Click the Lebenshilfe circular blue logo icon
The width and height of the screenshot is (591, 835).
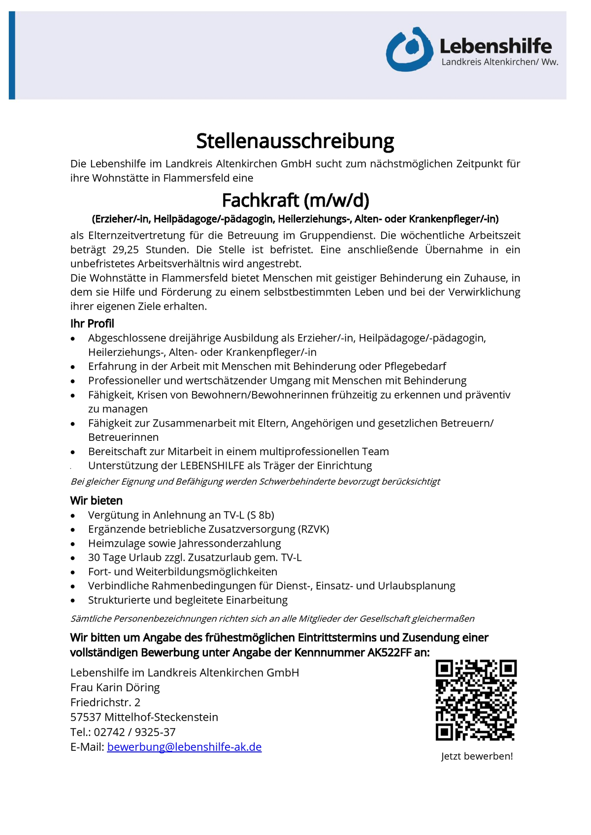click(409, 49)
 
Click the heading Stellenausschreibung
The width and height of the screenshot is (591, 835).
click(295, 141)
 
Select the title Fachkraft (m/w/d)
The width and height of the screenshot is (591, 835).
click(295, 200)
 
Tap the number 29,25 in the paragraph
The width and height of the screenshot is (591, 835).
click(126, 249)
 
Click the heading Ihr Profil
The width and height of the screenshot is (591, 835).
click(92, 324)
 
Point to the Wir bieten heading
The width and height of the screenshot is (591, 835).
click(97, 501)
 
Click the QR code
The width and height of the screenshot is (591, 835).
click(476, 700)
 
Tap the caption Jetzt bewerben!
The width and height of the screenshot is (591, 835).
click(477, 756)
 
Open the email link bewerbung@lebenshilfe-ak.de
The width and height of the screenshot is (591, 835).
click(184, 747)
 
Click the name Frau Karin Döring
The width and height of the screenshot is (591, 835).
click(115, 687)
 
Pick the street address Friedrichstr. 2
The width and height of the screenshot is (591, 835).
click(105, 702)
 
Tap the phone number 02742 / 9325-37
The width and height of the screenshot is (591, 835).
click(134, 732)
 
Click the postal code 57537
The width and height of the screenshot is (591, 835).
click(86, 717)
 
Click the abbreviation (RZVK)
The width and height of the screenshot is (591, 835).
click(313, 529)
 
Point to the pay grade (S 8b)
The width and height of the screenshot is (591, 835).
click(261, 515)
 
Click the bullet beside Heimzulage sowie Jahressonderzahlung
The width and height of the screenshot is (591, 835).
click(73, 544)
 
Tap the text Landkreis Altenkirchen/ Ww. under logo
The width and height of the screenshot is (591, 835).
click(500, 62)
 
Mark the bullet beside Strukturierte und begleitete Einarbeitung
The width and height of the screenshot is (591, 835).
click(73, 601)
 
